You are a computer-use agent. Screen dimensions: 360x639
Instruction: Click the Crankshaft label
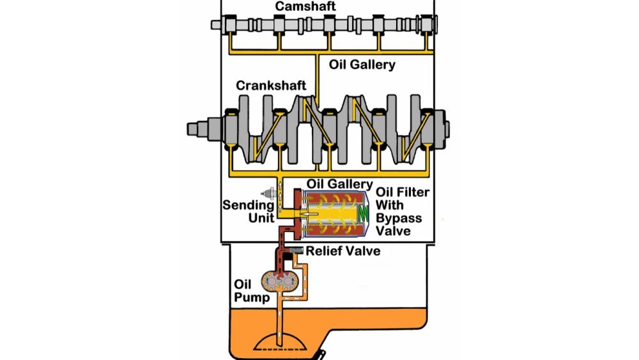coord(271,85)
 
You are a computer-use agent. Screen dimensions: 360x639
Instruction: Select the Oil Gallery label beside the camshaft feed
coord(362,65)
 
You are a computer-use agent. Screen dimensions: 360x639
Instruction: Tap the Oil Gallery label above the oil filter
coord(340,184)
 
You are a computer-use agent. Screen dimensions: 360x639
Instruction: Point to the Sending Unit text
coord(248,212)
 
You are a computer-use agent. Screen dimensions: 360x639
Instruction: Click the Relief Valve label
coord(343,251)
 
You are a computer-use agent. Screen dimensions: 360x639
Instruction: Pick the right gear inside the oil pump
coord(289,282)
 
